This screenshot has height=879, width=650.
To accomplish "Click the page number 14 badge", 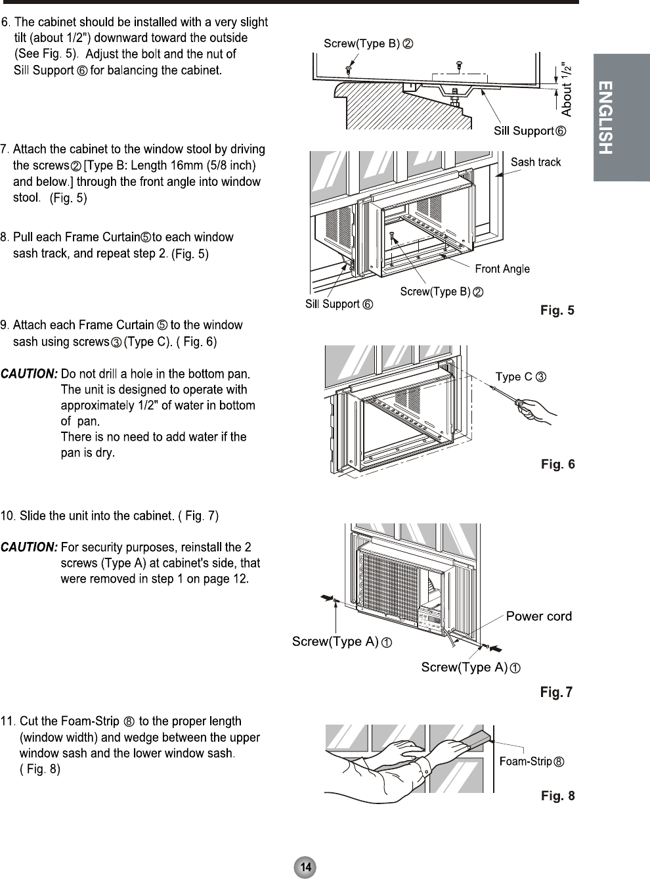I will pos(305,867).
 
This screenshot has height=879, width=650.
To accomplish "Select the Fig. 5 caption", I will pos(557,310).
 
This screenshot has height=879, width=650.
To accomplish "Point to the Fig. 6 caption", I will pos(557,464).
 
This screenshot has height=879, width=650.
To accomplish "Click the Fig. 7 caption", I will pos(556,692).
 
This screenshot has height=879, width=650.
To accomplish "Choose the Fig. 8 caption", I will pos(557,796).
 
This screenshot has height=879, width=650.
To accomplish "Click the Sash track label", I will pos(536,162).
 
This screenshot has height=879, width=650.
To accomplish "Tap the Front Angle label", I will pos(502,269).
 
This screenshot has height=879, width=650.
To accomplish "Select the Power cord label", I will pos(538,616).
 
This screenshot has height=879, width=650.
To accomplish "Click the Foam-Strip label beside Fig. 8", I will pos(532,761).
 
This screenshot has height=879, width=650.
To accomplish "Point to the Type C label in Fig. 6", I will pos(521,377).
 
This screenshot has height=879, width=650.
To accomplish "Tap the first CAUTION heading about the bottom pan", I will pos(30,374).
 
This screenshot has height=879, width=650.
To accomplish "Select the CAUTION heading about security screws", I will pos(30,547).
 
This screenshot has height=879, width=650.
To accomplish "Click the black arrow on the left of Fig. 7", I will pos(326,597).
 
